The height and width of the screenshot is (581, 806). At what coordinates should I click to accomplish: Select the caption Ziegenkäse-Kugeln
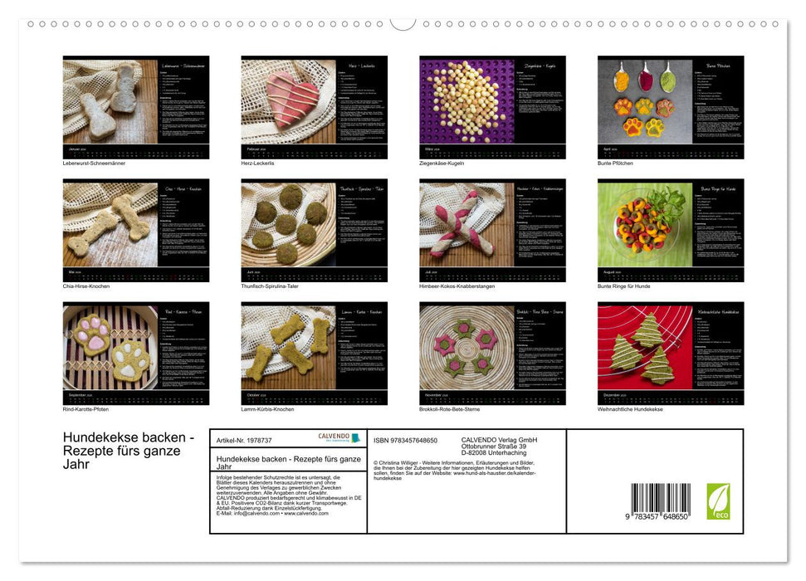[442, 164]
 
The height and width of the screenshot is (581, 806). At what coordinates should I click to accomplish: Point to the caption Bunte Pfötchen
[615, 164]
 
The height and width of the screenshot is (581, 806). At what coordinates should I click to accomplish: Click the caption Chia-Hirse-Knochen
[86, 286]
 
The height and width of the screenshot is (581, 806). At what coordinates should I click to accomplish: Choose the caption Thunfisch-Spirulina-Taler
[269, 286]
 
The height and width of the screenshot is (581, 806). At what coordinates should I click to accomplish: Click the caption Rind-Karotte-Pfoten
[85, 409]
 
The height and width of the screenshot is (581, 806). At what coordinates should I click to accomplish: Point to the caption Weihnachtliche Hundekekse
[630, 409]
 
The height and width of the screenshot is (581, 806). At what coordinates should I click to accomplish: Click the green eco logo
[718, 501]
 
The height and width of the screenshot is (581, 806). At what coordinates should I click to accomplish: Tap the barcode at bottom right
[660, 501]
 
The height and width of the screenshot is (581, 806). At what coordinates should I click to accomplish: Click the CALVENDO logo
[339, 437]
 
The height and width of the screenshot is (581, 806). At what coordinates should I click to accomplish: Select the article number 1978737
[244, 440]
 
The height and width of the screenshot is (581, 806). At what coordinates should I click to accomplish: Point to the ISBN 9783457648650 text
[407, 440]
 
